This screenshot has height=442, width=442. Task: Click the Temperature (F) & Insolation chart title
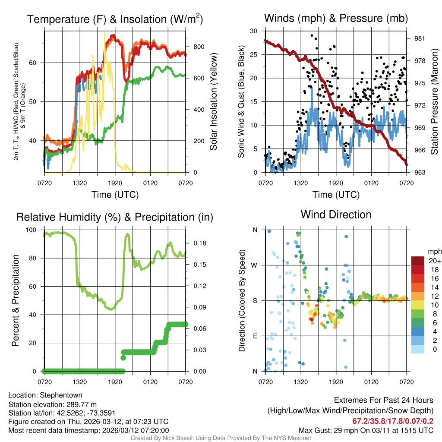[115, 19]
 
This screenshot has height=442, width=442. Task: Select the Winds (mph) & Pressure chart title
[336, 18]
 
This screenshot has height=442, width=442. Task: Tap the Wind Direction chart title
[336, 215]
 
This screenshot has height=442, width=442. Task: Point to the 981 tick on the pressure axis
[419, 38]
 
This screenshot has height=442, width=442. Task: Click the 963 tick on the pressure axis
[419, 173]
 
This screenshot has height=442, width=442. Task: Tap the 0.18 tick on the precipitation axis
[196, 243]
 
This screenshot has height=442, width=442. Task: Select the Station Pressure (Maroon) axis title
[435, 102]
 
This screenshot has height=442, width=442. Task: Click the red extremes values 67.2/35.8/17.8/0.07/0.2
[393, 421]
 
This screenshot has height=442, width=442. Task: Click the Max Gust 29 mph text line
[366, 430]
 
